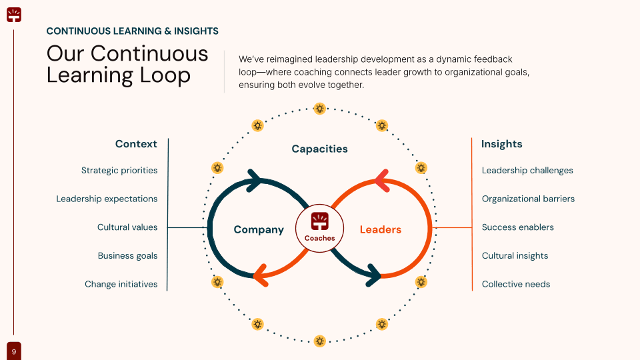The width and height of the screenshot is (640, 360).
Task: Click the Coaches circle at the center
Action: click(319, 228)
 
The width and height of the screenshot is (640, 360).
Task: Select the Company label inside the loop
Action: click(259, 229)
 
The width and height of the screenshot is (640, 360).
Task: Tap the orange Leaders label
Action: click(381, 229)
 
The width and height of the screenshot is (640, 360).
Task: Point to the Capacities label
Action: click(320, 149)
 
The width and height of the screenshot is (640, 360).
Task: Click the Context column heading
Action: click(136, 144)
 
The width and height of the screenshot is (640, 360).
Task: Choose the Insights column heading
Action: click(502, 144)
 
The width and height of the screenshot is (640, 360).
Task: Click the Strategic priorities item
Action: click(119, 171)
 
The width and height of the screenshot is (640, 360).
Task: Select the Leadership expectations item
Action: click(107, 199)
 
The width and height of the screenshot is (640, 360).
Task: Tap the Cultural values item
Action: click(127, 227)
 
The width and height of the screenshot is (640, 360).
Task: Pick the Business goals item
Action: click(127, 255)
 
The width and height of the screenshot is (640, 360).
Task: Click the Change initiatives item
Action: click(121, 284)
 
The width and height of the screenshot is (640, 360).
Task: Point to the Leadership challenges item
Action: click(527, 171)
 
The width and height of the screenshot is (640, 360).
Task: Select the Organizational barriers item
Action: click(528, 199)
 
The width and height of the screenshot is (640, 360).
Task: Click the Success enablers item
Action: click(518, 227)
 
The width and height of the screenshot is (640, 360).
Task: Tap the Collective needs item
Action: click(516, 284)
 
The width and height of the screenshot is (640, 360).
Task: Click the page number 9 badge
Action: click(14, 351)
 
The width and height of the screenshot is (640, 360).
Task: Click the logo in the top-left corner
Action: click(14, 14)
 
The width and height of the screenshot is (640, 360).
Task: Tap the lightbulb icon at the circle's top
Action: click(320, 108)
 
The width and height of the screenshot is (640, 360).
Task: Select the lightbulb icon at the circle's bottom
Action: click(320, 341)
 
